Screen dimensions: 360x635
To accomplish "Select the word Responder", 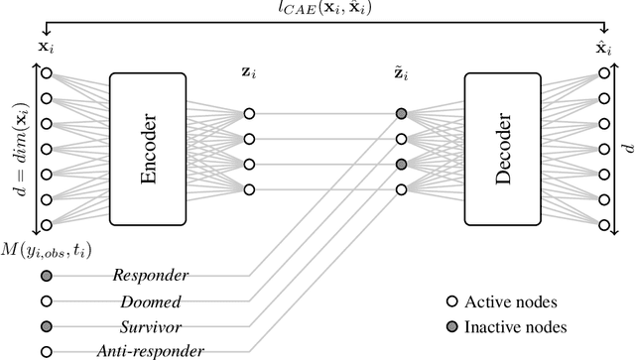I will click(x=148, y=275).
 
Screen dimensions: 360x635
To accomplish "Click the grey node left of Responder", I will click(x=46, y=275).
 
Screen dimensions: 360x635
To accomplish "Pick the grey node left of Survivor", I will click(x=46, y=324).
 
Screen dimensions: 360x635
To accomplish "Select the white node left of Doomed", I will click(x=46, y=300).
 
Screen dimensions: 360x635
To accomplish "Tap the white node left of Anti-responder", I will click(x=46, y=349).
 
